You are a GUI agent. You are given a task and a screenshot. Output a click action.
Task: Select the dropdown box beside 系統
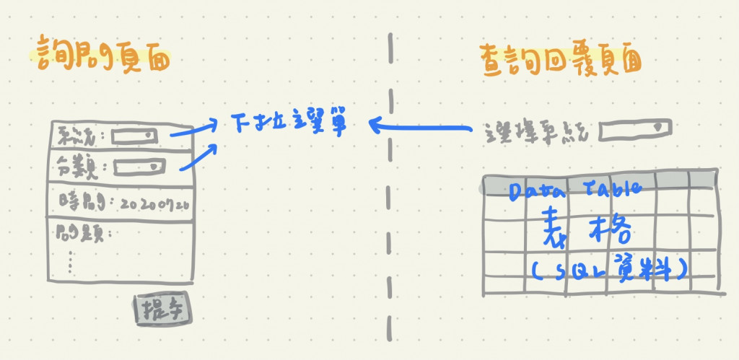[x=134, y=134]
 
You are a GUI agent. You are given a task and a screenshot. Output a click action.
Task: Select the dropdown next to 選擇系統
[x=635, y=128]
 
